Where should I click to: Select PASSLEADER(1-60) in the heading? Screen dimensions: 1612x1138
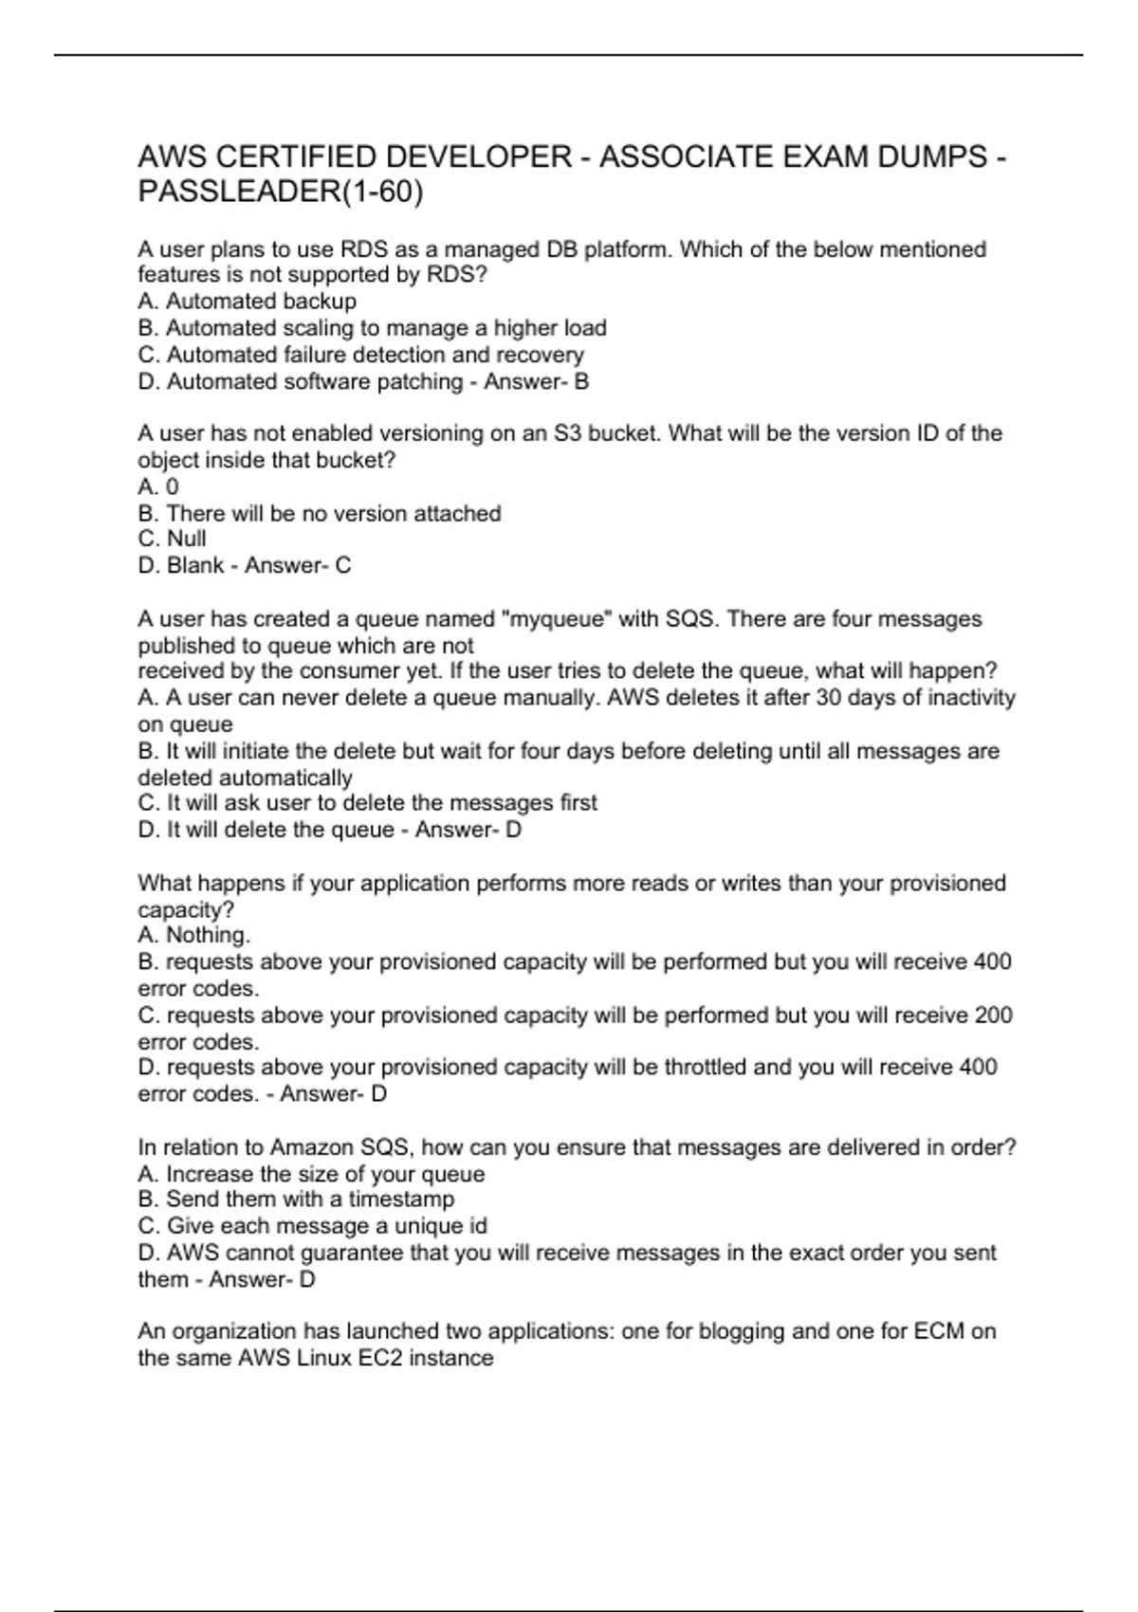tap(281, 192)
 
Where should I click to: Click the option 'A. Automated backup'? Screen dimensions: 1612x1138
tap(248, 302)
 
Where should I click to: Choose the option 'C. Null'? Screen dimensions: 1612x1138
tap(172, 539)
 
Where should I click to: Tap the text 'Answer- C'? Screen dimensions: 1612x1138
tap(298, 565)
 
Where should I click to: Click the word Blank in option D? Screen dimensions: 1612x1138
tap(195, 565)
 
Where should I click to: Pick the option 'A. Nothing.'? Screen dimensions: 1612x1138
tap(194, 935)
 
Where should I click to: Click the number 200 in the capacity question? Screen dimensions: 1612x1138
tap(993, 1016)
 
